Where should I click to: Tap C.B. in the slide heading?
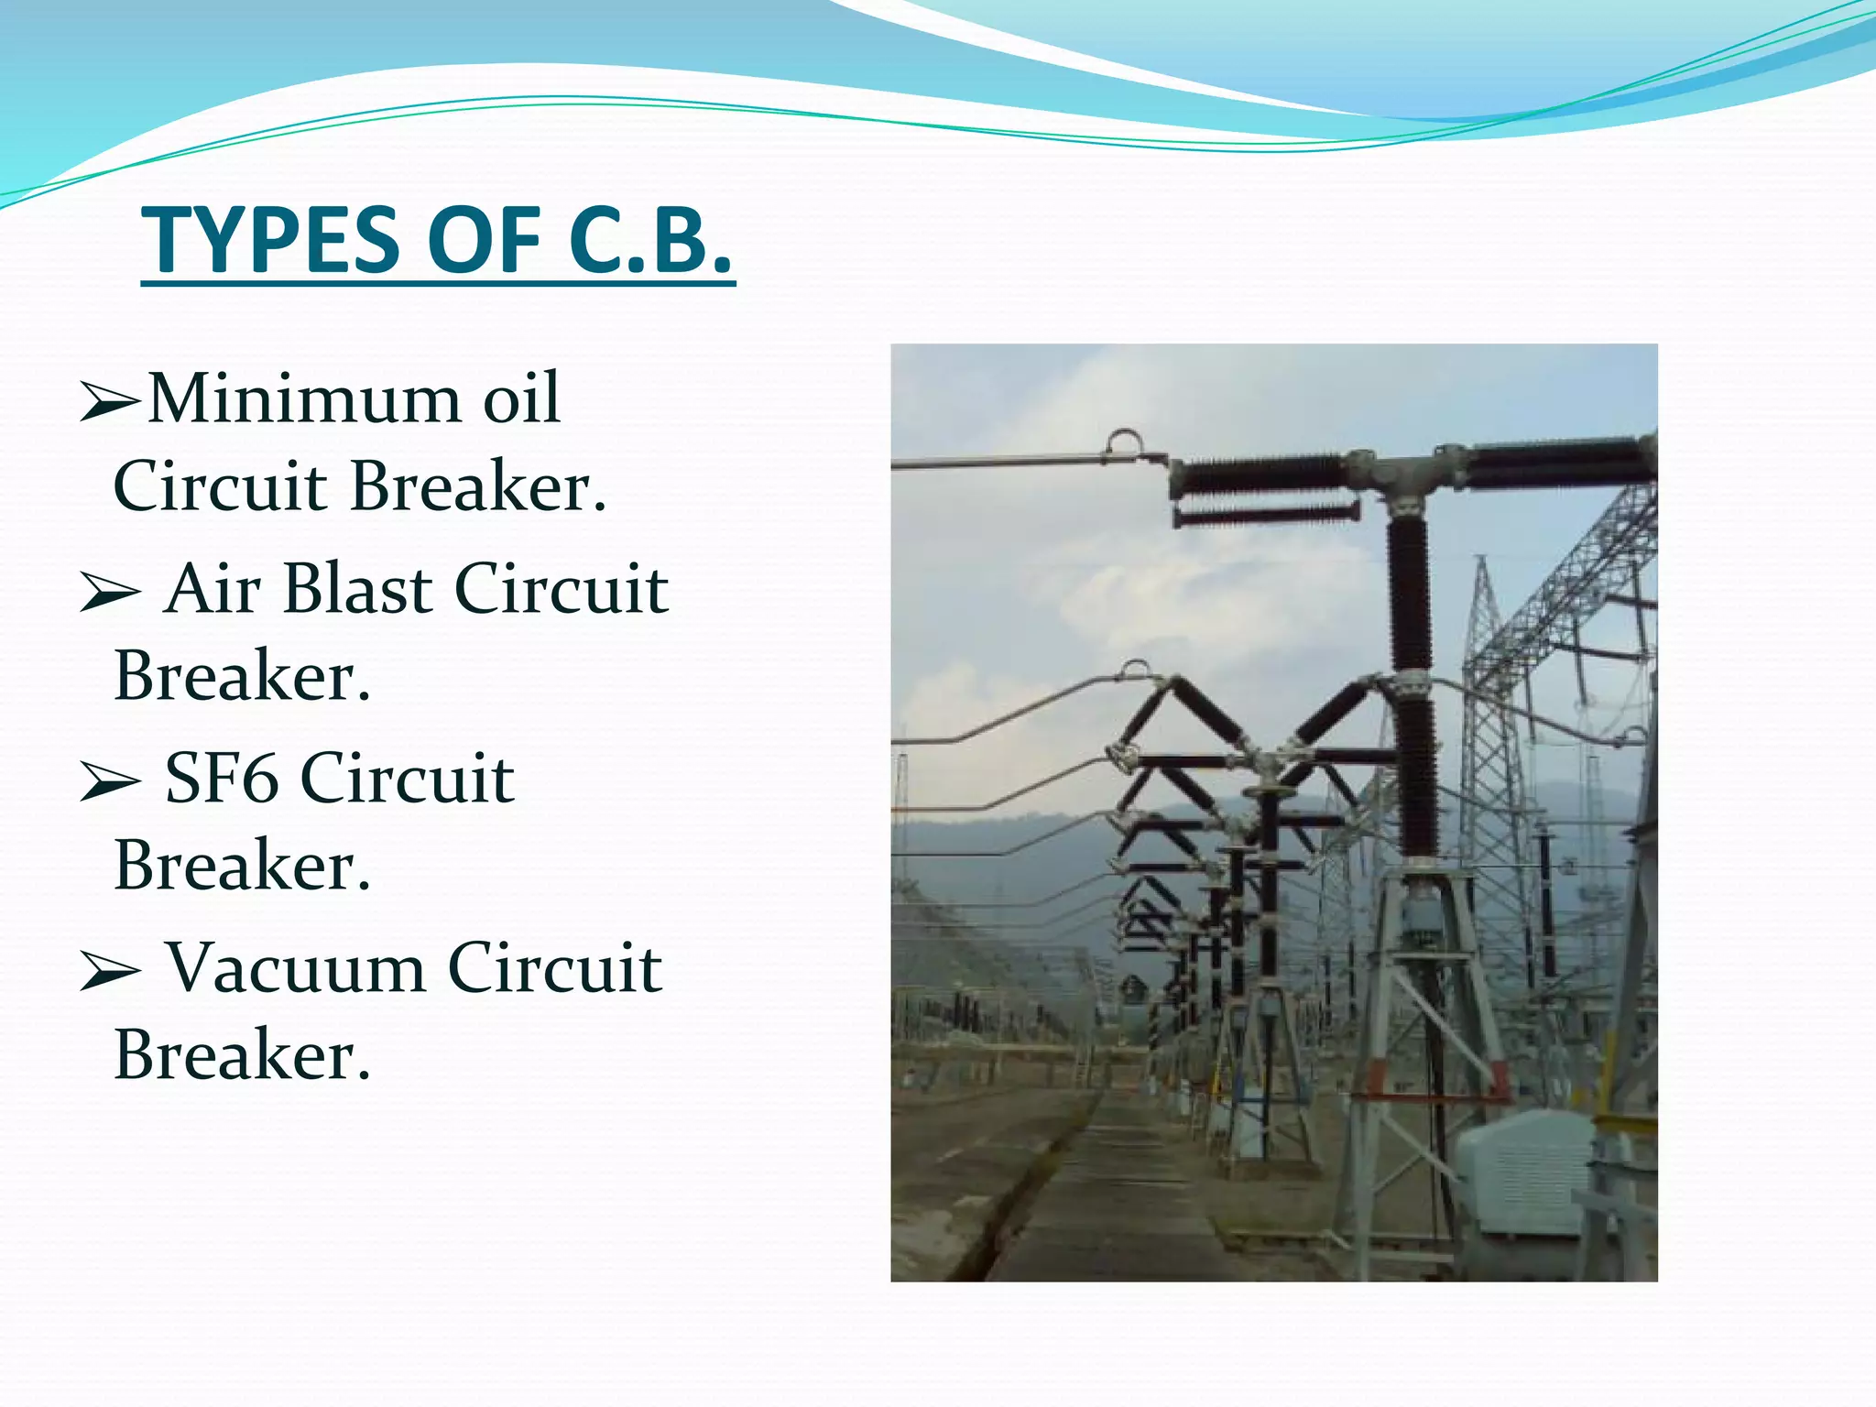[x=650, y=241]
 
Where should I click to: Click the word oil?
[x=521, y=399]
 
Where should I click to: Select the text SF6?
[x=220, y=779]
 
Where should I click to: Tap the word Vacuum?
[x=295, y=968]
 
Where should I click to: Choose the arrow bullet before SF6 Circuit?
[x=109, y=781]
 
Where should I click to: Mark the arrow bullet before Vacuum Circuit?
[x=109, y=971]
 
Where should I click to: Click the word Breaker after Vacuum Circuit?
[x=242, y=1055]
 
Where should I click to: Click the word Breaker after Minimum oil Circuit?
[x=478, y=486]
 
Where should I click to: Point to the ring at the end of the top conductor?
[x=1124, y=443]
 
